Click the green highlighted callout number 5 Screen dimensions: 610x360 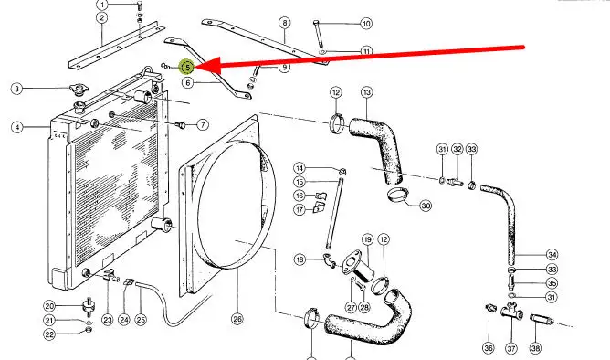click(187, 68)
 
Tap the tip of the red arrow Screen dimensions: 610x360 click(195, 68)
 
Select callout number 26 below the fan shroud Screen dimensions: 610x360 click(237, 319)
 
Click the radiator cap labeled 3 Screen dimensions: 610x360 click(79, 90)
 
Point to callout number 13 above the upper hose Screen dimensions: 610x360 click(367, 92)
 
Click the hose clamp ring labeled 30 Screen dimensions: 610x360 click(398, 194)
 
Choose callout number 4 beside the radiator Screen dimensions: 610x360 click(17, 127)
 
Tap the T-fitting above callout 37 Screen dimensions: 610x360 click(511, 310)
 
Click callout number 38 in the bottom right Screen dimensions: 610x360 click(536, 347)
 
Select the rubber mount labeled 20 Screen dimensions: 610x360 click(89, 306)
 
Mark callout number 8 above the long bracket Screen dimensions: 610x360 click(285, 23)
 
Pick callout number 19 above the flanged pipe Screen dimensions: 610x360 click(367, 239)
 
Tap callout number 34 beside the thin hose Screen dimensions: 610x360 click(552, 255)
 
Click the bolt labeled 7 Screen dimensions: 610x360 click(181, 125)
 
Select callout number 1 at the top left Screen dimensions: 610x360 click(102, 5)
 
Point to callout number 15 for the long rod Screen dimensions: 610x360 click(300, 182)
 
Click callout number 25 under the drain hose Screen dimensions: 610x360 click(141, 320)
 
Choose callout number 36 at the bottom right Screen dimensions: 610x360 click(489, 347)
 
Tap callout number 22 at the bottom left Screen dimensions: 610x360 click(49, 334)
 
